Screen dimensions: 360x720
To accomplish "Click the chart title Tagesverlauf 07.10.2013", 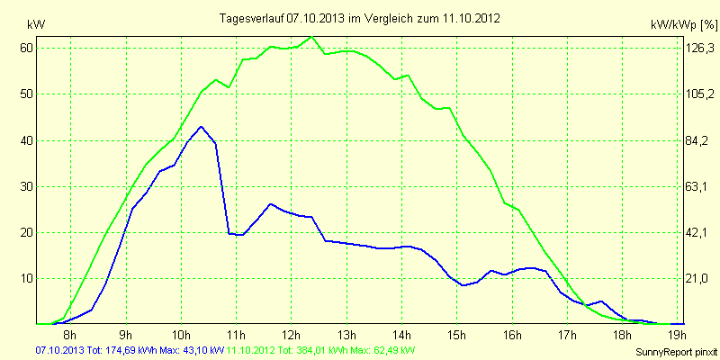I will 360,17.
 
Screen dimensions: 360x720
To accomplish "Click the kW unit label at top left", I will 35,23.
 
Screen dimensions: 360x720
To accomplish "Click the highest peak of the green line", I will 311,37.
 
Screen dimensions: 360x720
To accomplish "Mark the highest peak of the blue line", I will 201,127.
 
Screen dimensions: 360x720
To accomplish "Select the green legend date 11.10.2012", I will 251,349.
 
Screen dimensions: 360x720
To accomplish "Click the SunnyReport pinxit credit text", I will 672,351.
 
